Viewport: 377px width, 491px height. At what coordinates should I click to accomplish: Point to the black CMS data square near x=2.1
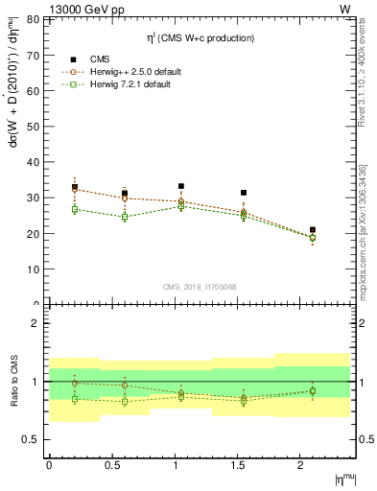click(x=313, y=230)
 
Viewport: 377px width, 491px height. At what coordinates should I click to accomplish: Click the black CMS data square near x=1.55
click(x=244, y=193)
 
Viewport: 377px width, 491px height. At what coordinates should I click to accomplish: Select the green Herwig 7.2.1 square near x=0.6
click(x=125, y=217)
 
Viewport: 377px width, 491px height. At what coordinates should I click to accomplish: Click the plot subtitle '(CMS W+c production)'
click(x=207, y=37)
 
